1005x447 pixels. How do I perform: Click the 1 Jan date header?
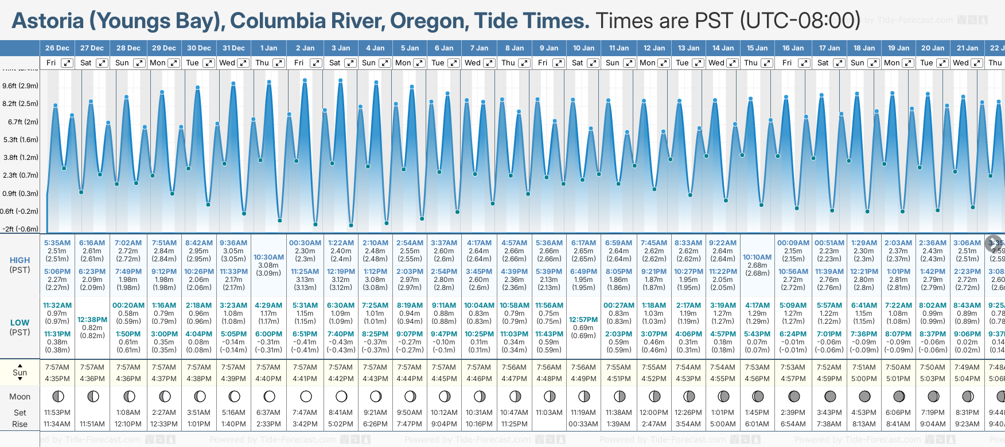click(x=268, y=48)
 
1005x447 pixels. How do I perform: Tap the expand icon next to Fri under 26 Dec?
click(x=67, y=63)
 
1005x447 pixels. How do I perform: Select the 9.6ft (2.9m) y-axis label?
click(x=20, y=86)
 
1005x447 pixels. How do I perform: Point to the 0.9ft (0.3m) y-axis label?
click(x=20, y=194)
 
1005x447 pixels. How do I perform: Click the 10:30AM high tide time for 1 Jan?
click(x=268, y=257)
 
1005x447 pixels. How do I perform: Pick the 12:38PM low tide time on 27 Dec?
click(x=92, y=320)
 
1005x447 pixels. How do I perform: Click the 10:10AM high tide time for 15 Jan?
click(x=757, y=257)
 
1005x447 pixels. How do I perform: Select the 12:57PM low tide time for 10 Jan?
click(x=583, y=320)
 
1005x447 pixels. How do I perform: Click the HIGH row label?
click(x=20, y=260)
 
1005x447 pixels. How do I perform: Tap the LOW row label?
click(x=20, y=323)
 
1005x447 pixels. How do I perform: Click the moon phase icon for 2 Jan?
click(x=306, y=396)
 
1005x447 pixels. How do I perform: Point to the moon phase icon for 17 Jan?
click(x=829, y=396)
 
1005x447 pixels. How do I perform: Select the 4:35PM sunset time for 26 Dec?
click(x=57, y=379)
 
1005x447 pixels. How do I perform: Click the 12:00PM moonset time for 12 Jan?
click(x=654, y=413)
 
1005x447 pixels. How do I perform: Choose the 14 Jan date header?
click(x=723, y=48)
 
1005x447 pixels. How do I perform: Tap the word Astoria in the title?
click(x=48, y=21)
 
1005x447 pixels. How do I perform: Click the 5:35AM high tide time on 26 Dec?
click(x=57, y=243)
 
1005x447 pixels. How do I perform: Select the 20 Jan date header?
click(x=933, y=48)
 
